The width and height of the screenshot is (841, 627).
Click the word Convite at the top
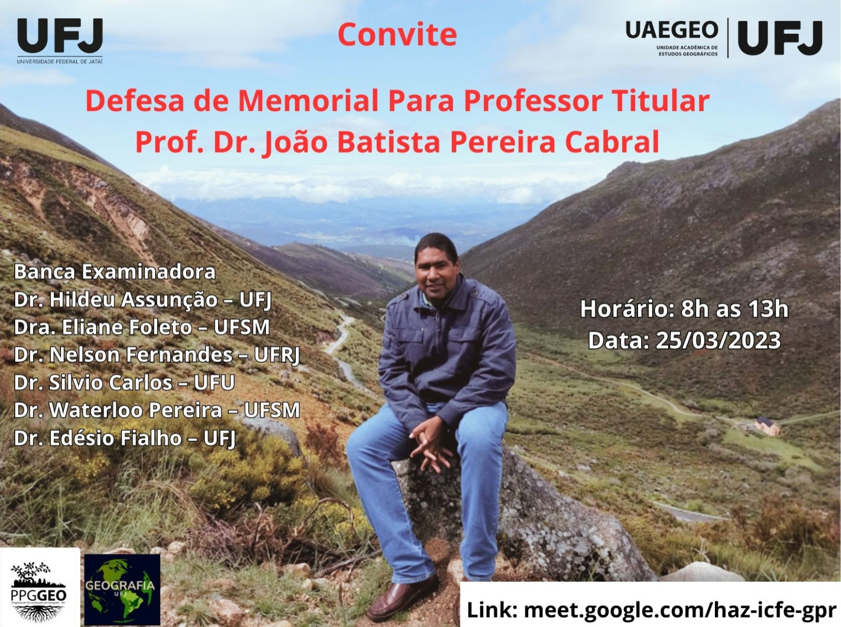click(397, 35)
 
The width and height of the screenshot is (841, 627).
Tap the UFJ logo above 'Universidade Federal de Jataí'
click(60, 36)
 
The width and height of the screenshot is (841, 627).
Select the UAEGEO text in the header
click(672, 30)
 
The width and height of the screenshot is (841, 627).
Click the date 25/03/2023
click(718, 340)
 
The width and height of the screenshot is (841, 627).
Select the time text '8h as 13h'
click(734, 309)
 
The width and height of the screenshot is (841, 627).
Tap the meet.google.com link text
click(680, 610)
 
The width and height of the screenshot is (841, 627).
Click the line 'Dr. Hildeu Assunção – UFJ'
click(143, 300)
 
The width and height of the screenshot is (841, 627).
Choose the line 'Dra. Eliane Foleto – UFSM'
click(142, 327)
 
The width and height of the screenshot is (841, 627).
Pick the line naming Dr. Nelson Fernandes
click(157, 355)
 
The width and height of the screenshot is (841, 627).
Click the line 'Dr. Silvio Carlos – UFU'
click(125, 382)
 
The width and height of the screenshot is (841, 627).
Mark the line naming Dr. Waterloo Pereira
click(157, 410)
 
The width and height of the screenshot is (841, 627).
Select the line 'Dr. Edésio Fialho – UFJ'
click(125, 438)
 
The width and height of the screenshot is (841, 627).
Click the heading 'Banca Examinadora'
click(115, 272)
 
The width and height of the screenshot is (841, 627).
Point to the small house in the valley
click(767, 426)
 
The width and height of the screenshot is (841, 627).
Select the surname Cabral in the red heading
click(612, 142)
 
